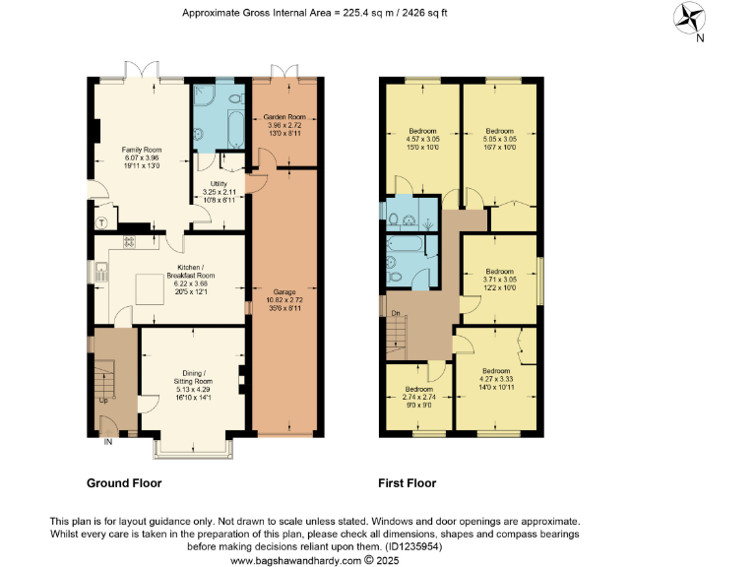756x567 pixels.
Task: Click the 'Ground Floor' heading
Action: [x=124, y=483]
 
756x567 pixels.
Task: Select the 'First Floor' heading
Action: [x=407, y=483]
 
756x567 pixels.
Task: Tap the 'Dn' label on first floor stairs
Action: [x=395, y=314]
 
